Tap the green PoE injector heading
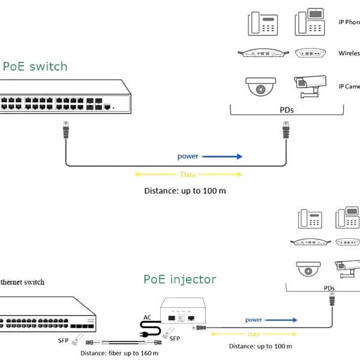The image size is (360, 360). [x=179, y=280]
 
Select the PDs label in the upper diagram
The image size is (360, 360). [x=286, y=110]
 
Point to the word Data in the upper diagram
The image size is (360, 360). [x=187, y=175]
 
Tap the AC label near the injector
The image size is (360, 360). [x=148, y=317]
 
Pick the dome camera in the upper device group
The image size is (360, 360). [x=260, y=86]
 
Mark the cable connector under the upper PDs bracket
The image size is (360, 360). [x=286, y=129]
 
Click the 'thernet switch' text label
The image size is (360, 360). [x=22, y=281]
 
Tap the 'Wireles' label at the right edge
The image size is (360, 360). [x=349, y=53]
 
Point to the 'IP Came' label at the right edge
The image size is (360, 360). [x=349, y=86]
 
